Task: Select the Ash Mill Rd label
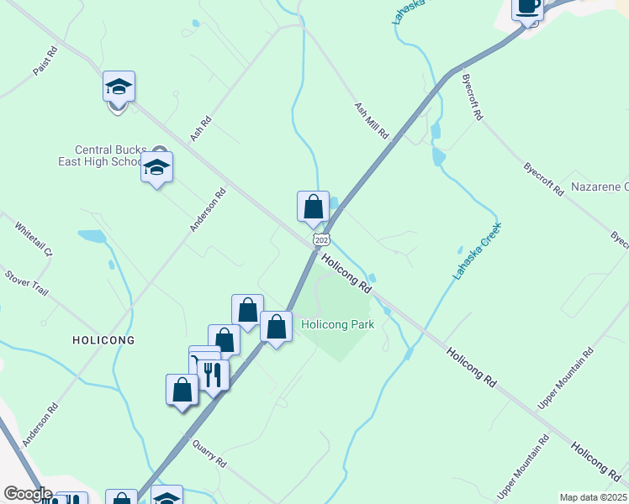coord(371,121)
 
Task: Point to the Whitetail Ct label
coord(34,239)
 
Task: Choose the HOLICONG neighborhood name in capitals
coord(103,340)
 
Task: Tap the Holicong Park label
coord(337,323)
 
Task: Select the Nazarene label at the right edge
coord(600,186)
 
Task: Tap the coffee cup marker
coord(528,7)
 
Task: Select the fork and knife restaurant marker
coord(213,375)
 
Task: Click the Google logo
coord(28,494)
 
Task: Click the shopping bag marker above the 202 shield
coord(313,207)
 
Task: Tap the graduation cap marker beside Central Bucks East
coord(156,168)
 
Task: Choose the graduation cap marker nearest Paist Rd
coord(119,87)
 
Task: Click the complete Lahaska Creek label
coord(478,250)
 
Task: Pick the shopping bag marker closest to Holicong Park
coord(276,327)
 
